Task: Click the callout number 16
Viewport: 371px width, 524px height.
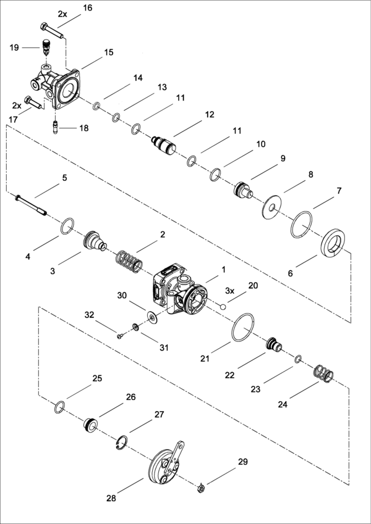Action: (87, 8)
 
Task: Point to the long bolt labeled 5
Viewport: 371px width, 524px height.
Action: (32, 204)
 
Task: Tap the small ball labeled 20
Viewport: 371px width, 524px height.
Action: (223, 305)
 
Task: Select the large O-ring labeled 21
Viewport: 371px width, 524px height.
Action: (244, 327)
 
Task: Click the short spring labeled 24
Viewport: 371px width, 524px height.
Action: (323, 373)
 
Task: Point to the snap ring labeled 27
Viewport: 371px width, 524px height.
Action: (122, 443)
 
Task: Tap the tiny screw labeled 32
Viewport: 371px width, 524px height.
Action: (120, 336)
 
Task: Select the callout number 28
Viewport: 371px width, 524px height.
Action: (111, 498)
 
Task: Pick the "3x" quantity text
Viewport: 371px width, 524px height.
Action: (229, 291)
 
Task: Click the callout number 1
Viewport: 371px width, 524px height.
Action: (223, 269)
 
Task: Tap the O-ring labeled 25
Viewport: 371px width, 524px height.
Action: (59, 406)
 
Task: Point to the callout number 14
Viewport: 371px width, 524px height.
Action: (138, 78)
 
